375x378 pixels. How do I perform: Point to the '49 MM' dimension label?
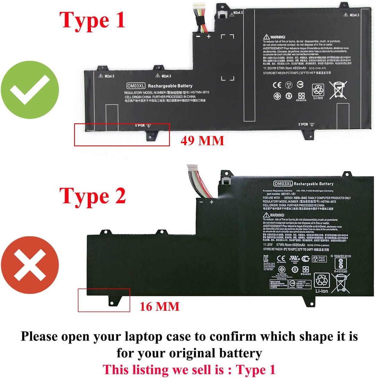click(x=202, y=141)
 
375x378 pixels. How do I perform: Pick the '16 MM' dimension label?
click(x=160, y=306)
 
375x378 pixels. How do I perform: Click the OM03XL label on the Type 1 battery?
click(x=136, y=86)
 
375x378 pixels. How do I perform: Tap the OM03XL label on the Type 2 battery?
click(x=283, y=184)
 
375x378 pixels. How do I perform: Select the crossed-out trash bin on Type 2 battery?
click(x=340, y=282)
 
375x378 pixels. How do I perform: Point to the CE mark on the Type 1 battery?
click(x=277, y=84)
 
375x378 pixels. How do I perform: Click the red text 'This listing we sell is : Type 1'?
click(x=189, y=369)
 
